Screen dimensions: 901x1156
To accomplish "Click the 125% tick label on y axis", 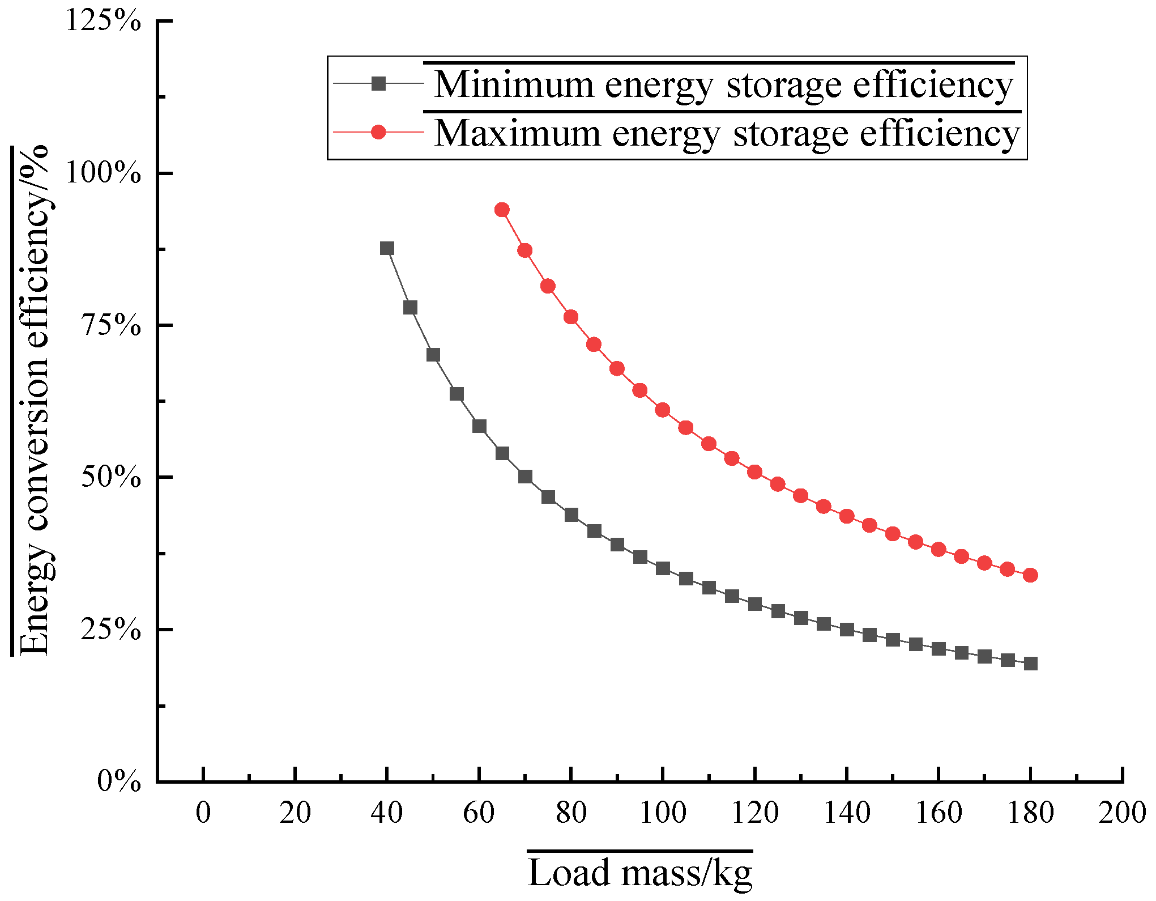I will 103,22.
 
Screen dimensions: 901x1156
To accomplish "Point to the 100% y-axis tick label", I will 103,173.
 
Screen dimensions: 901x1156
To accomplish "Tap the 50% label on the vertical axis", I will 110,477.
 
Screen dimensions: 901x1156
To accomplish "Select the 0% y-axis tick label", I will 118,781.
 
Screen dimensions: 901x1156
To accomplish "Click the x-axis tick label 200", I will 1122,813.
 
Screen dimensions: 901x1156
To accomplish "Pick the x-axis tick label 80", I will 571,813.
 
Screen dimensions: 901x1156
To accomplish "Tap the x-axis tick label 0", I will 203,813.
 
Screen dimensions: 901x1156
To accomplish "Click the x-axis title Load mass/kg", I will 640,873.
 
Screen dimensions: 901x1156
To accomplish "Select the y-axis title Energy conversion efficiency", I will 34,399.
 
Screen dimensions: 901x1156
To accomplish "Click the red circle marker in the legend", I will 378,133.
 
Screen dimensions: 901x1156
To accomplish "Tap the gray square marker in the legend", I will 378,84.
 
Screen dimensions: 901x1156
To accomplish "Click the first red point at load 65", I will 502,210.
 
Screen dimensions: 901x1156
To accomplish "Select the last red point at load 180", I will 1030,575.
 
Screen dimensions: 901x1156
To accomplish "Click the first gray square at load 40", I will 387,248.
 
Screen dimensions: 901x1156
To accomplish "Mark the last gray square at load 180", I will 1030,664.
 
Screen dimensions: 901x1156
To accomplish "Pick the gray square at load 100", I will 663,568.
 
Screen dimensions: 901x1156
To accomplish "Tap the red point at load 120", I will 754,472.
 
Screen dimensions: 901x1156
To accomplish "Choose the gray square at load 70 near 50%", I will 525,477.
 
